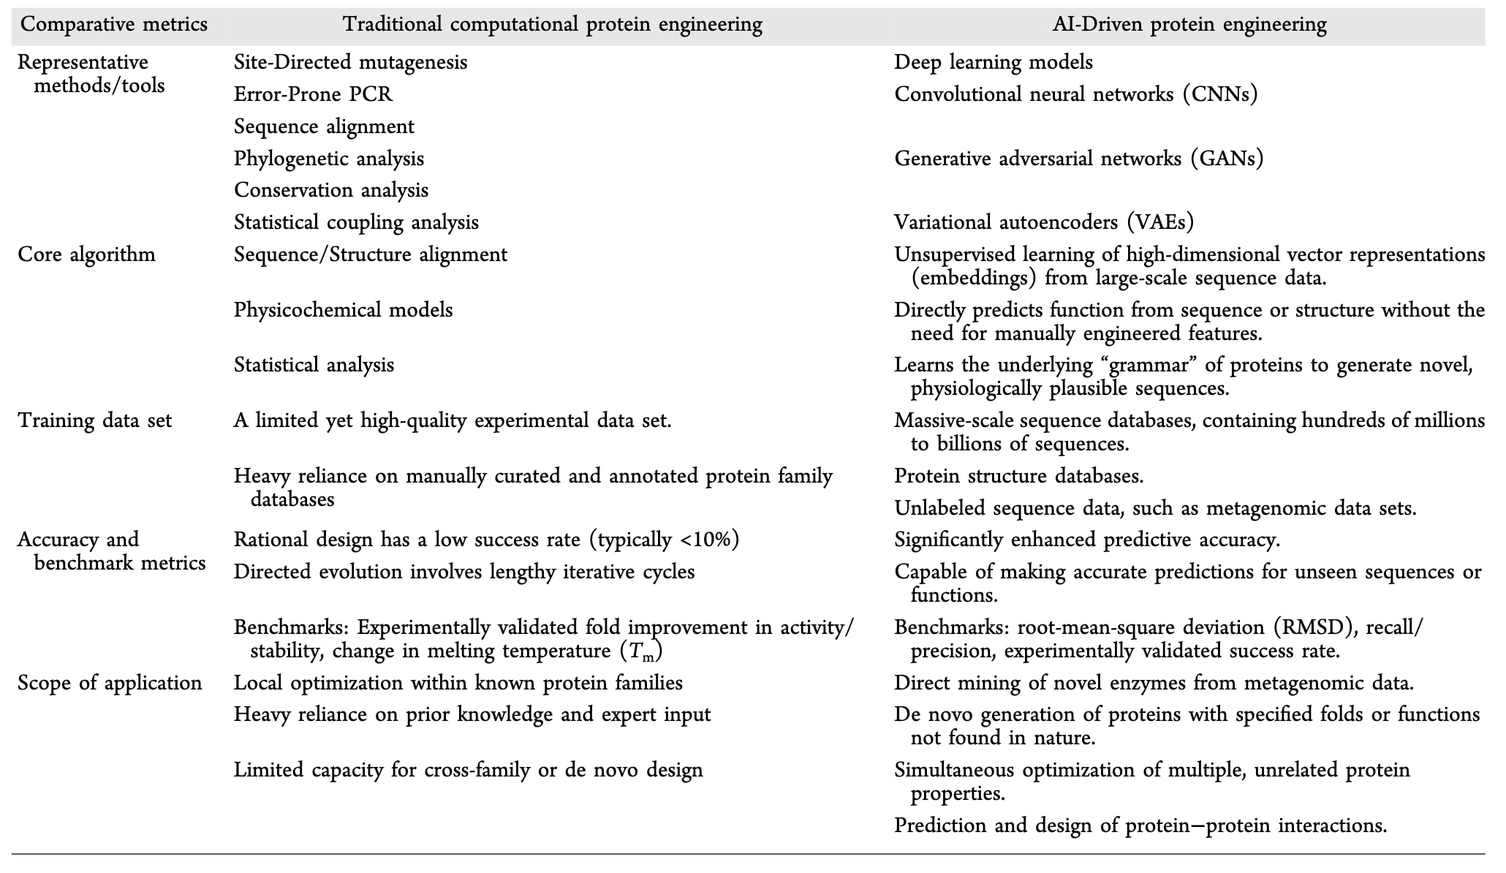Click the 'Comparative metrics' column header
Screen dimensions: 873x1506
pyautogui.click(x=113, y=25)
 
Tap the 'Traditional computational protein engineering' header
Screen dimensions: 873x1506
pyautogui.click(x=553, y=25)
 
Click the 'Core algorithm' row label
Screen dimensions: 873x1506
pyautogui.click(x=86, y=254)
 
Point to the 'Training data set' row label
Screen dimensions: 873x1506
pyautogui.click(x=95, y=420)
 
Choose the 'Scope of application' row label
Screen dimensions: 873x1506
pyautogui.click(x=110, y=683)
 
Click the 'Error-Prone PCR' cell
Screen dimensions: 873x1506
pyautogui.click(x=313, y=94)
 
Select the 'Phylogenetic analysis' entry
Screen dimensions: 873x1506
pyautogui.click(x=329, y=159)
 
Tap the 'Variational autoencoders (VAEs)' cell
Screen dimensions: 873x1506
pyautogui.click(x=1044, y=222)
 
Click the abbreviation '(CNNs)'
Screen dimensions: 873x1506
pyautogui.click(x=1220, y=94)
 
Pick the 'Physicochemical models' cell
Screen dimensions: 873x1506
pyautogui.click(x=343, y=310)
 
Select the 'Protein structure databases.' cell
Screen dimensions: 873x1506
pyautogui.click(x=1019, y=476)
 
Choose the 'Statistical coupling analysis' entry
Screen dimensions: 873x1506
pyautogui.click(x=356, y=222)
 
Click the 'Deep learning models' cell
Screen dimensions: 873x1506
pyautogui.click(x=994, y=62)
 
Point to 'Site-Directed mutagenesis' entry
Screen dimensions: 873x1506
pyautogui.click(x=350, y=62)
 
